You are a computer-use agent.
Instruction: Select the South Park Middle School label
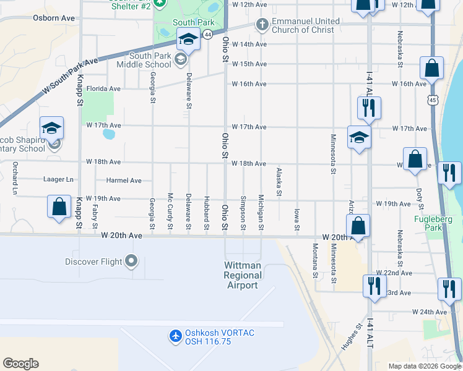142,60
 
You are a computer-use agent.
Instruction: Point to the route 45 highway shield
433,99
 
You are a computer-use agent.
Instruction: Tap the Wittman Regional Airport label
241,275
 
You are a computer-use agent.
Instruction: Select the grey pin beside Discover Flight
131,261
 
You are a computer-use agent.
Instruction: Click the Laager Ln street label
59,180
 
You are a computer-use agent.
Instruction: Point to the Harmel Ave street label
124,181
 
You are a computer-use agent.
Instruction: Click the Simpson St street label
243,215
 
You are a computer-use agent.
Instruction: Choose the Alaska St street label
279,182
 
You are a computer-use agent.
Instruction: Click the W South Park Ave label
71,76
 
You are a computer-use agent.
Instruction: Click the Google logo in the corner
20,364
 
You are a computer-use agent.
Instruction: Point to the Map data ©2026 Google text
424,366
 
